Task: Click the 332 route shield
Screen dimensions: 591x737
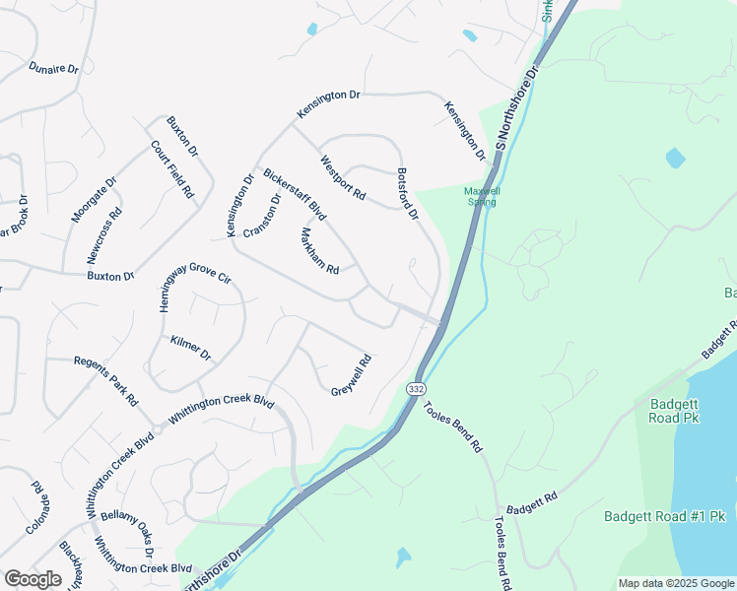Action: coord(415,388)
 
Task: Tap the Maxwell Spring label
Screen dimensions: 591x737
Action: coord(482,196)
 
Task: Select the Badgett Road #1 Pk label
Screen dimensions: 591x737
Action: coord(664,516)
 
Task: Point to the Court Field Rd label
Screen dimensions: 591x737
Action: coord(171,170)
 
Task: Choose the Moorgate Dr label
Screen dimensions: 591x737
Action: coord(94,200)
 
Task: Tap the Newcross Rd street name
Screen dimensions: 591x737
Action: coord(104,234)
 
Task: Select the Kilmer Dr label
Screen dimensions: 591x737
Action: coord(191,347)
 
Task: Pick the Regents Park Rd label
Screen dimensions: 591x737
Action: coord(105,381)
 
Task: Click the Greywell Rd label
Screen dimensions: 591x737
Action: coord(351,375)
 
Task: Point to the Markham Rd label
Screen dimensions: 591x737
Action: coord(319,251)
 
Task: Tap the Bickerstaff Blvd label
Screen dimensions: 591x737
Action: coord(295,193)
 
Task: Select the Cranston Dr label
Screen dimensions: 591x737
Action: coord(262,214)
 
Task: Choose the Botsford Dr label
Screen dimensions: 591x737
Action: coord(408,193)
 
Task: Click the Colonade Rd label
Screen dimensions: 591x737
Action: coord(37,506)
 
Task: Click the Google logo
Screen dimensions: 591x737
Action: coord(33,579)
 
